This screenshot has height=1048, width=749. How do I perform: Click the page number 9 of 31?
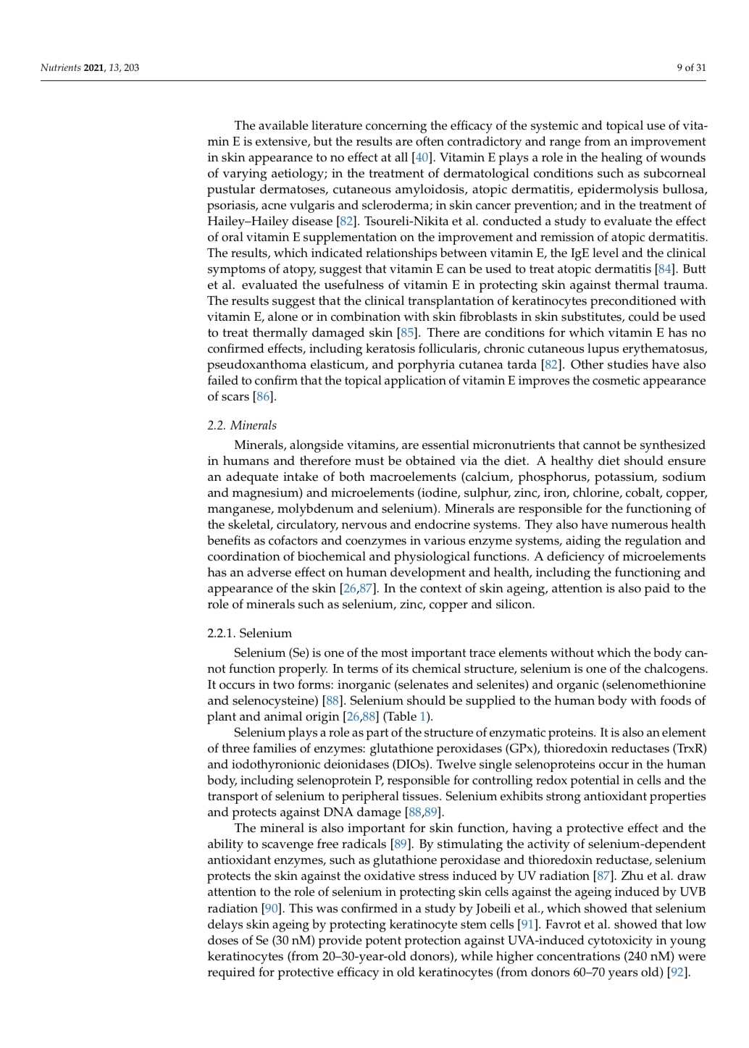click(x=691, y=68)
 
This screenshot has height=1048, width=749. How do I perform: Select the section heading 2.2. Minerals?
click(x=242, y=425)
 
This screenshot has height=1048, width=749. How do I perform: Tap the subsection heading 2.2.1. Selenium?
click(x=249, y=633)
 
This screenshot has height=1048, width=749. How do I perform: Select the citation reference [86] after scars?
click(x=264, y=396)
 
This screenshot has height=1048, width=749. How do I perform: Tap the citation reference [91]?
click(x=527, y=924)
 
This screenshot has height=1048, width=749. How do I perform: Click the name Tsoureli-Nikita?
click(x=404, y=221)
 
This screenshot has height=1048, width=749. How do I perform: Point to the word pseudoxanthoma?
click(x=253, y=364)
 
